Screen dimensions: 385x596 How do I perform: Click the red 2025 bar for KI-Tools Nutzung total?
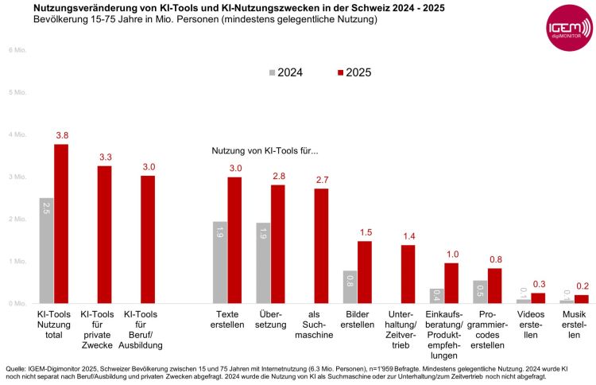(x=61, y=224)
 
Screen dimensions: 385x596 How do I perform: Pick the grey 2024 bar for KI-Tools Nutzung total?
(x=46, y=251)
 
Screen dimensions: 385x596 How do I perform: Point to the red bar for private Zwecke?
(x=105, y=235)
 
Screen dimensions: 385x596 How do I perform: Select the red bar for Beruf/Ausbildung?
(x=148, y=239)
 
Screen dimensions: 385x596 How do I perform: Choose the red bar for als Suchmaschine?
(x=321, y=246)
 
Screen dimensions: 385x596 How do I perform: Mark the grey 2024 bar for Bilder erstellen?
(x=350, y=286)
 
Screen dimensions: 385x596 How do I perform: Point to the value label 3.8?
(x=62, y=136)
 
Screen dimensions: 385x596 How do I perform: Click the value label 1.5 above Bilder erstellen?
(x=365, y=232)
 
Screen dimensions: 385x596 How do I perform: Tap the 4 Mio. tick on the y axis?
(x=17, y=134)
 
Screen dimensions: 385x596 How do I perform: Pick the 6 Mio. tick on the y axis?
(x=17, y=50)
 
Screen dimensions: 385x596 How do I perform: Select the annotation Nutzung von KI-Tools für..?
(x=265, y=150)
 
